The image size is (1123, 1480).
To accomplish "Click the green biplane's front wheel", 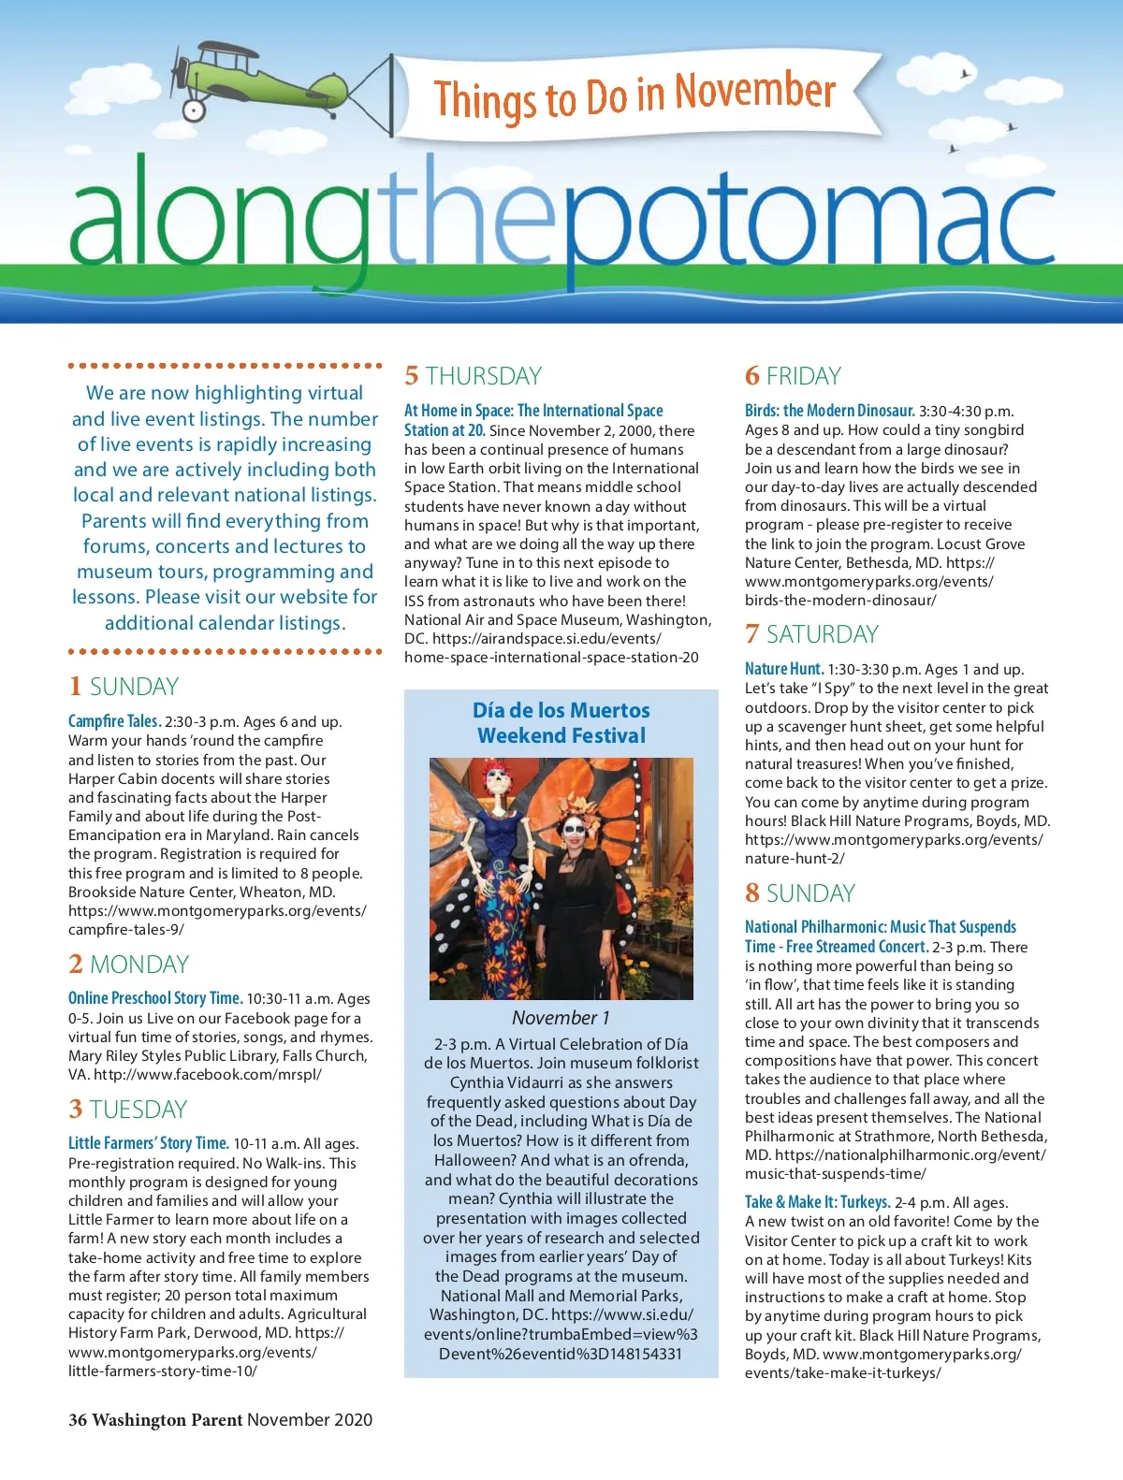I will tap(194, 109).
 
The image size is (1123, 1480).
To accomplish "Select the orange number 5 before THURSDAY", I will tap(412, 376).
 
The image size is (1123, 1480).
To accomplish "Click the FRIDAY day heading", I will tap(803, 376).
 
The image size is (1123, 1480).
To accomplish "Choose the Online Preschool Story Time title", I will tap(155, 998).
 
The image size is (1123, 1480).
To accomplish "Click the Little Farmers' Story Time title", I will tap(148, 1143).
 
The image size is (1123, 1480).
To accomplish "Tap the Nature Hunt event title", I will tap(783, 669).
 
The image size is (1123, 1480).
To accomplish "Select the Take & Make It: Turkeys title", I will tap(817, 1202).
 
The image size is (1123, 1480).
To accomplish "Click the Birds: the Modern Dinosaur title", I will tap(829, 411).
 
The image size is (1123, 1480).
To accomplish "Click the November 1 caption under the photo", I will tap(561, 1018).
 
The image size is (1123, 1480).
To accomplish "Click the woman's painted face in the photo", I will tap(573, 830).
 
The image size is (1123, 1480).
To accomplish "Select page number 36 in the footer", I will tap(78, 1420).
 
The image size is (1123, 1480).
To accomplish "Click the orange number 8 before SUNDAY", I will tap(752, 893).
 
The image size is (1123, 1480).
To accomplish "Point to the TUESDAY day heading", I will tap(139, 1110).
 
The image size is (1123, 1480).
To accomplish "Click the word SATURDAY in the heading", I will tap(822, 634).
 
